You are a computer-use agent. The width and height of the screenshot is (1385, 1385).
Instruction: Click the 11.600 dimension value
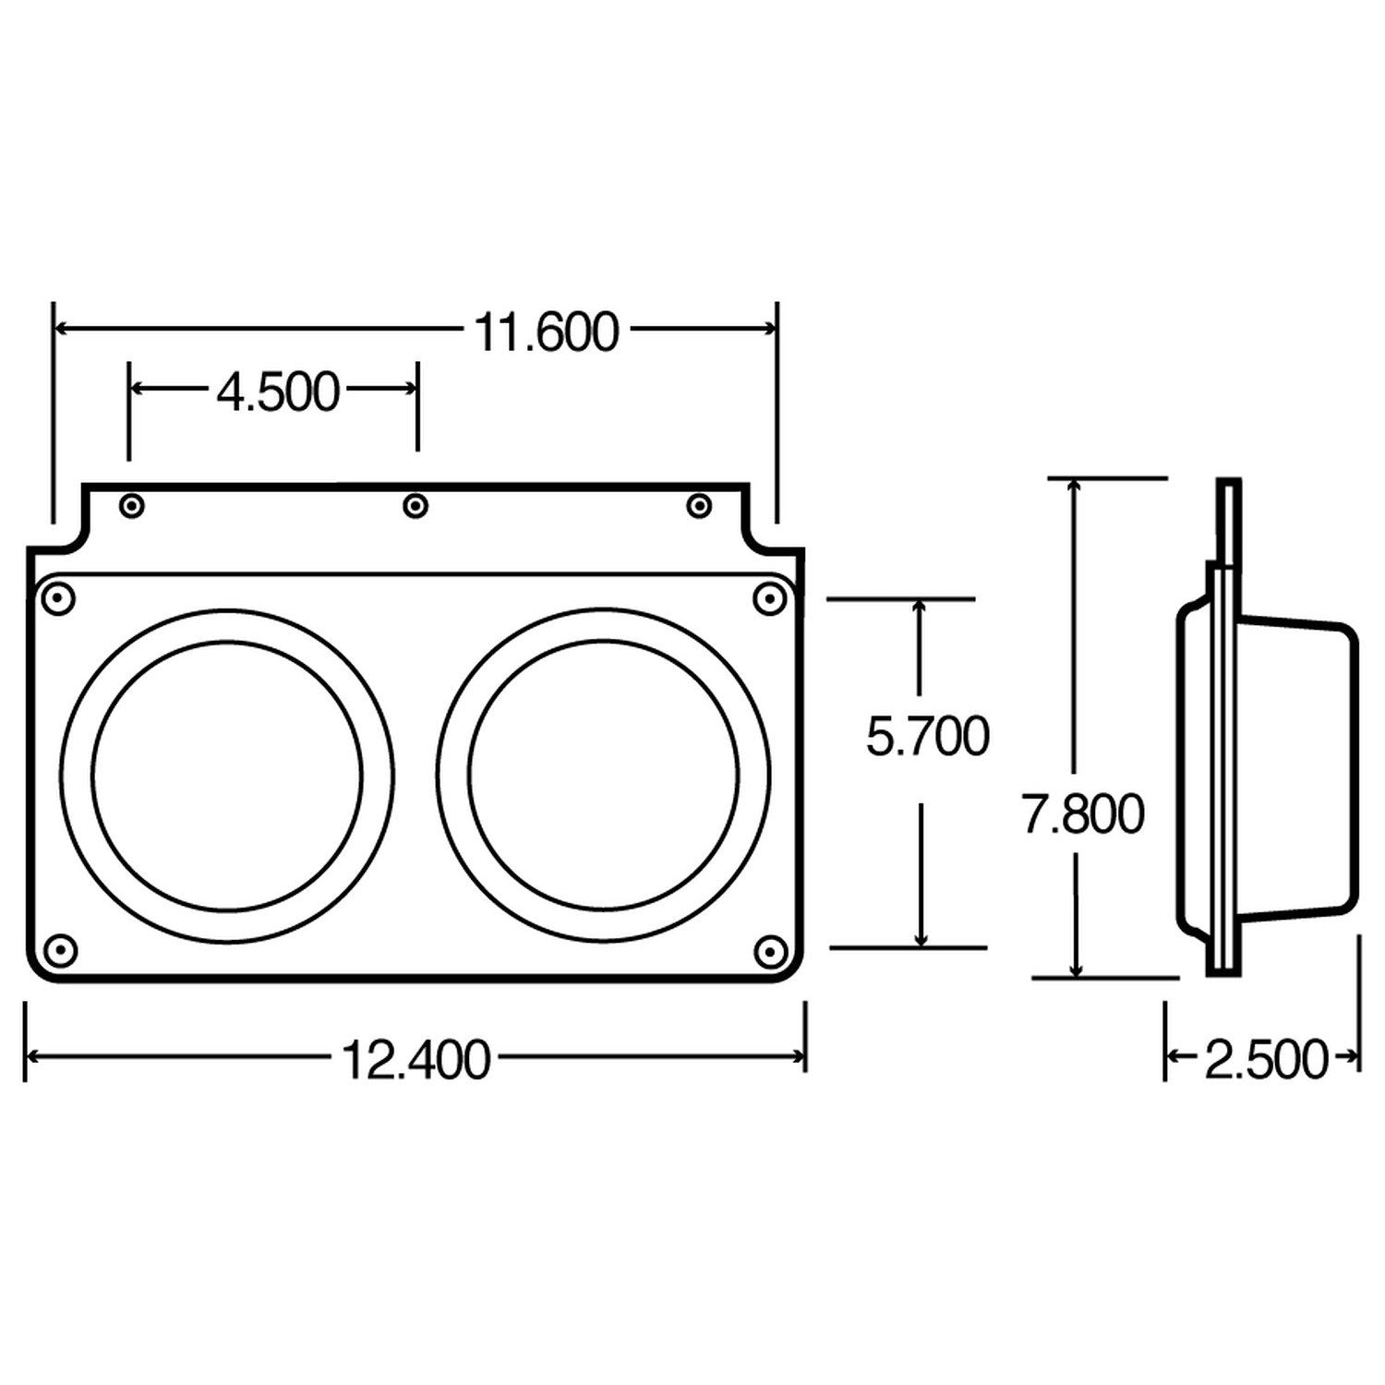(546, 333)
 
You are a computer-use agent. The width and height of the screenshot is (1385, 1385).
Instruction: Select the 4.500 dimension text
(278, 392)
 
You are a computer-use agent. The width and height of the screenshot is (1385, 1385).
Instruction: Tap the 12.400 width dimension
(415, 1060)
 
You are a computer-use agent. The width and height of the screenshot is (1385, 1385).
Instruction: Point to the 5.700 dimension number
(927, 737)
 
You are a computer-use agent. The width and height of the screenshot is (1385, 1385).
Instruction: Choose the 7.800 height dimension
(1082, 814)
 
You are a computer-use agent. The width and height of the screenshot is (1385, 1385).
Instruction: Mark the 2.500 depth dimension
(1265, 1060)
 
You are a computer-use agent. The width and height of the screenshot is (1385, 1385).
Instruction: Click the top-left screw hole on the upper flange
(133, 505)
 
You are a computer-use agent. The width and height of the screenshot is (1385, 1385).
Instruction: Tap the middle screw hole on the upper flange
(416, 505)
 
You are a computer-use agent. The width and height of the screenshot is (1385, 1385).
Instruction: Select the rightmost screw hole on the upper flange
(700, 505)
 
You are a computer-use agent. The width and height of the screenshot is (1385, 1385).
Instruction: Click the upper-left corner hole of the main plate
(58, 598)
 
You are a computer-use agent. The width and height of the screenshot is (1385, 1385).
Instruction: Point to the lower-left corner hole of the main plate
(59, 949)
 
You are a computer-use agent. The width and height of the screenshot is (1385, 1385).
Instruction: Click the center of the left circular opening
(227, 775)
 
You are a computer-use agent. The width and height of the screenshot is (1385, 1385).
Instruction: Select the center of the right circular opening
(604, 773)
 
